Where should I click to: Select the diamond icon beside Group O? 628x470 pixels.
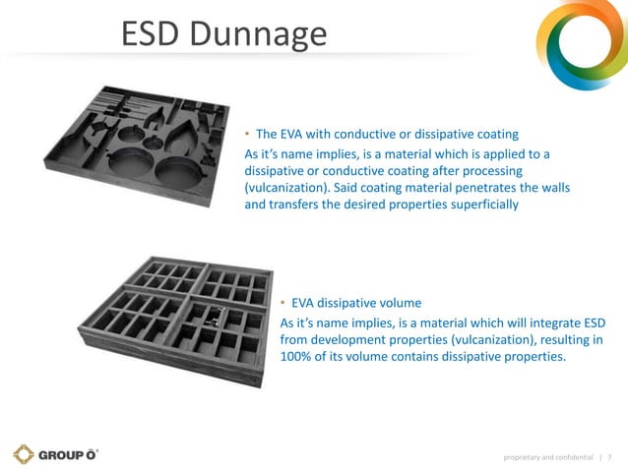[24, 454]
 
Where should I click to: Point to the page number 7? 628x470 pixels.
[609, 455]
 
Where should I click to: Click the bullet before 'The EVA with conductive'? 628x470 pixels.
[248, 134]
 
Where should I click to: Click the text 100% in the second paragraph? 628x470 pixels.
[298, 356]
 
